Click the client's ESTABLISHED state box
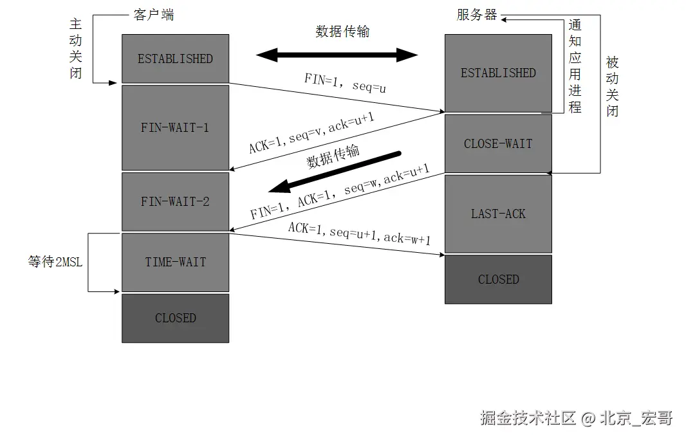(x=175, y=59)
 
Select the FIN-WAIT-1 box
(x=175, y=127)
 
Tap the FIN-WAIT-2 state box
(x=175, y=201)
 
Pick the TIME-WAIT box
(x=175, y=262)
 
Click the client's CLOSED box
(x=175, y=318)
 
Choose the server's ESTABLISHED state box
(x=498, y=73)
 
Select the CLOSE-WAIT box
(x=498, y=143)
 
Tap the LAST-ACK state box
(x=498, y=214)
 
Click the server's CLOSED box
(x=498, y=279)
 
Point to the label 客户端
(x=154, y=15)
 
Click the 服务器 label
(x=477, y=15)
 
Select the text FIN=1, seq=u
(x=345, y=84)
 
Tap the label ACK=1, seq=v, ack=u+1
(x=311, y=133)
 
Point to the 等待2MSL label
(x=55, y=262)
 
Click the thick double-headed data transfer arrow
(x=337, y=55)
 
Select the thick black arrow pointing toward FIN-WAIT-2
(x=335, y=172)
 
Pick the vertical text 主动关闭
(x=76, y=48)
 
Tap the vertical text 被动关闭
(x=612, y=87)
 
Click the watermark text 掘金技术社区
(x=527, y=418)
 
